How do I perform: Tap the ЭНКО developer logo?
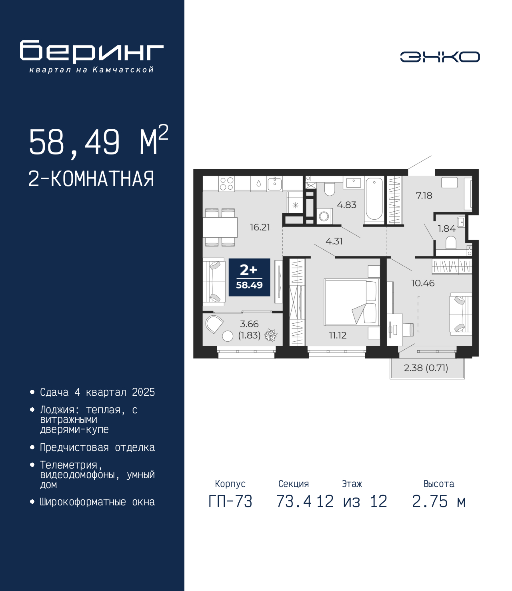tap(440, 56)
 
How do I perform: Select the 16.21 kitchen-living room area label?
tap(260, 227)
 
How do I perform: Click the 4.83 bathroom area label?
tap(346, 205)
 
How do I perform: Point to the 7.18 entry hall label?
tap(424, 196)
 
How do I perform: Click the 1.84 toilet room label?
tap(446, 228)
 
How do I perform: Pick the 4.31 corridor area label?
tap(334, 241)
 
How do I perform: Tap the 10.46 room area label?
tap(422, 283)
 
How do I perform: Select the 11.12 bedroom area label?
tap(338, 335)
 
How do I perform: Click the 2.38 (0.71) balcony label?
tap(426, 368)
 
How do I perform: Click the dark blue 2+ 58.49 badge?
tap(249, 277)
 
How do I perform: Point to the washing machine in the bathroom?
tap(324, 216)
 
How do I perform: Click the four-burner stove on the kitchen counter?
tap(227, 184)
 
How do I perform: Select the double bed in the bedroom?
tap(352, 302)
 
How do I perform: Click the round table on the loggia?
tap(228, 336)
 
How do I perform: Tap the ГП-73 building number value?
tap(230, 501)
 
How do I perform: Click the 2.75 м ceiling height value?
tap(439, 501)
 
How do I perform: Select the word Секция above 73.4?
tap(294, 484)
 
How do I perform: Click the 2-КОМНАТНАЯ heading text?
tap(91, 179)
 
